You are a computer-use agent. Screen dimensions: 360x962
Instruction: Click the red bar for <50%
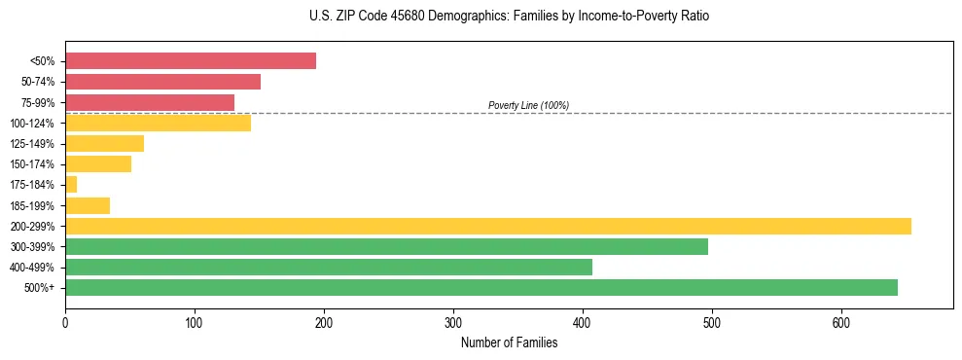click(191, 60)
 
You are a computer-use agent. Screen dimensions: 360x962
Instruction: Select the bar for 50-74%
click(162, 82)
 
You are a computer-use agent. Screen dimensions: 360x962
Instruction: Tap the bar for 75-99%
click(150, 102)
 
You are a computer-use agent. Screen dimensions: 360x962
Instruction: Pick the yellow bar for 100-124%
click(158, 123)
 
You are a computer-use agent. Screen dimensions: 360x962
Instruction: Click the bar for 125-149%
click(104, 144)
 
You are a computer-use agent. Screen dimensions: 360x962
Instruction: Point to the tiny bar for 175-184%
click(71, 185)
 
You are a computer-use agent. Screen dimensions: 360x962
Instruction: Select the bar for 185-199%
click(88, 205)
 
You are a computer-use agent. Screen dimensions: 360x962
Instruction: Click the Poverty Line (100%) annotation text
click(528, 105)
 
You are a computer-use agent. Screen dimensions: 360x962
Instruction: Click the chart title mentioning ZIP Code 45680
click(509, 17)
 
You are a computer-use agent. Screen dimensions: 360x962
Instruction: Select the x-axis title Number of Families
click(509, 342)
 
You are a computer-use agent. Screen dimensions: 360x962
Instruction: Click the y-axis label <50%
click(44, 61)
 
